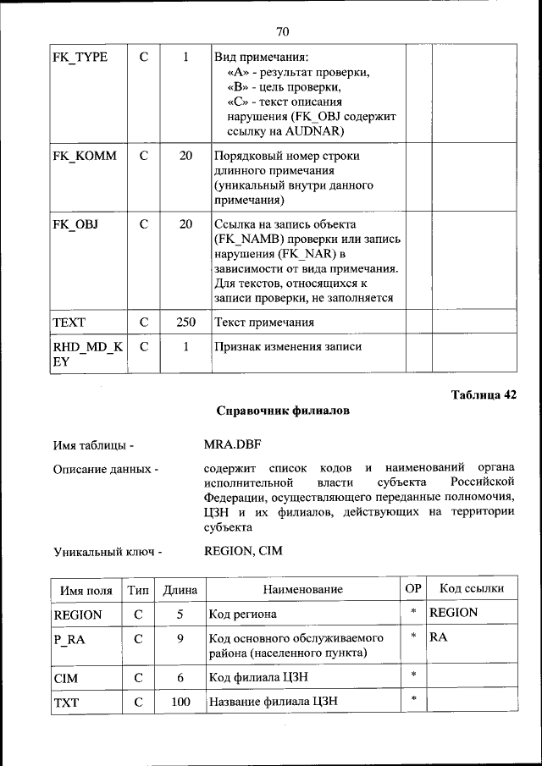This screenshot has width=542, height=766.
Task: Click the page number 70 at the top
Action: click(x=283, y=31)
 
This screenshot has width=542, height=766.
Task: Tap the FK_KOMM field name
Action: click(x=85, y=156)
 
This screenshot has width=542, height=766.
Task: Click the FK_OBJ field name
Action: click(x=75, y=224)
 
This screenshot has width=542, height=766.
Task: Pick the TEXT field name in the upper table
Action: click(x=69, y=322)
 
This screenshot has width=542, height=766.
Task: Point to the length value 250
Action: click(x=185, y=322)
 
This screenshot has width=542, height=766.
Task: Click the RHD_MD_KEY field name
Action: click(x=87, y=354)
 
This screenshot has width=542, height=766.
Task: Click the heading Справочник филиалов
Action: click(x=283, y=411)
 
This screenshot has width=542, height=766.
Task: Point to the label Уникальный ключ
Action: click(x=107, y=552)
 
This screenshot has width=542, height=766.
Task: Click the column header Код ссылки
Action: click(x=471, y=589)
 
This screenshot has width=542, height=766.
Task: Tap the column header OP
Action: click(x=413, y=588)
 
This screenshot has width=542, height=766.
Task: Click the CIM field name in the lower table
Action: click(x=66, y=678)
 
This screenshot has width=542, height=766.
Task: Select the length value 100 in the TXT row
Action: click(x=180, y=702)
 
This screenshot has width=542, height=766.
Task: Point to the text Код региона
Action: click(x=246, y=614)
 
